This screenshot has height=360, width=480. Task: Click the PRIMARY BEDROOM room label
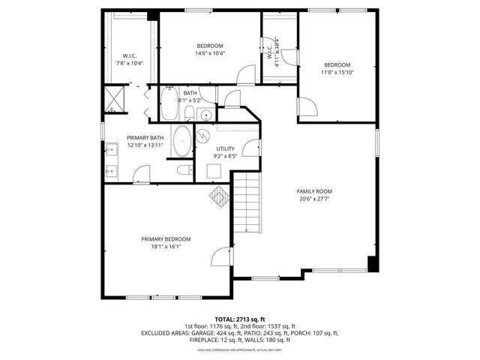point(161,238)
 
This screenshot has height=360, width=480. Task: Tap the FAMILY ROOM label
point(314,191)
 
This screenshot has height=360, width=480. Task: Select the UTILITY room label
point(226,148)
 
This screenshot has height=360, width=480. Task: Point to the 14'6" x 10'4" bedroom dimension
point(211,53)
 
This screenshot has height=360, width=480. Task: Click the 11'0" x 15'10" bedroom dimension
point(337,73)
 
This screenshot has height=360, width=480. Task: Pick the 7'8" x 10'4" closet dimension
point(129,63)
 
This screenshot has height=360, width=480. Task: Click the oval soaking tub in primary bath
point(182,142)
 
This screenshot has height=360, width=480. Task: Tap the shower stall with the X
point(113,98)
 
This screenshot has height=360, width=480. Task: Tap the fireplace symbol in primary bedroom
point(218,196)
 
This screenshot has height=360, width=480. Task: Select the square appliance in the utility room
point(214,169)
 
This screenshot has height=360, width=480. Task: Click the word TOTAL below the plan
point(226,319)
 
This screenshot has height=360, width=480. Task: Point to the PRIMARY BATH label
point(145,138)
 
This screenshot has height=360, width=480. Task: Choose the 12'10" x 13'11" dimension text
point(145,145)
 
